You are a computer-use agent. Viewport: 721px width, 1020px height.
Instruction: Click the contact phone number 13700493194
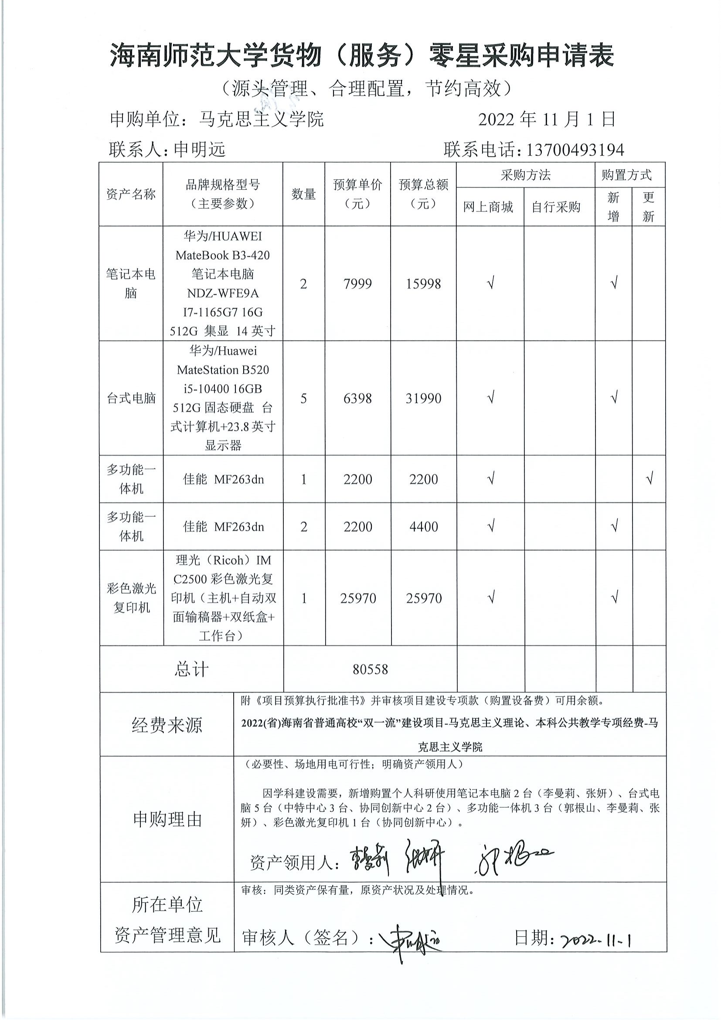tap(575, 150)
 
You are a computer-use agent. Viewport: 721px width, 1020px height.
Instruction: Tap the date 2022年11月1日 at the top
tap(547, 119)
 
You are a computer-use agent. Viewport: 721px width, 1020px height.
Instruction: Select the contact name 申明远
tap(199, 150)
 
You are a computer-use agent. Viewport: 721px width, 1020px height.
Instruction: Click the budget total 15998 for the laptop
tap(424, 284)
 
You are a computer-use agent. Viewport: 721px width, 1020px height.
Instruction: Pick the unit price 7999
tap(357, 284)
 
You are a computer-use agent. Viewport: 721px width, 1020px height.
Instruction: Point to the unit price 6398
tap(357, 399)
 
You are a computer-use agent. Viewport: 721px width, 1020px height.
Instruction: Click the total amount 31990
tap(424, 399)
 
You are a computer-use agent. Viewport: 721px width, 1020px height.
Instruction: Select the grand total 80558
tap(370, 669)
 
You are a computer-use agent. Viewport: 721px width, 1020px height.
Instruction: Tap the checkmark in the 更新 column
tap(649, 479)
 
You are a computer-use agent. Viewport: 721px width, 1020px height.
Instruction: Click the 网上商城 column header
tap(488, 207)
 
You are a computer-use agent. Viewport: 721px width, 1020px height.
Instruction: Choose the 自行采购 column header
tap(556, 207)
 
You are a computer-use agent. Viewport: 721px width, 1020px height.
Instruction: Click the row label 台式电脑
tap(131, 399)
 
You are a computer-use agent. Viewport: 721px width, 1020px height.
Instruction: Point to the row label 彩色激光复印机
tap(131, 598)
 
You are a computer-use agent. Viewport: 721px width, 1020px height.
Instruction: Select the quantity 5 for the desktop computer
tap(304, 399)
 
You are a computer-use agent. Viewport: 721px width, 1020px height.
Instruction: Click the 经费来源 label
tap(167, 725)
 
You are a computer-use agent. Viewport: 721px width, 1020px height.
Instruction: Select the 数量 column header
tap(304, 194)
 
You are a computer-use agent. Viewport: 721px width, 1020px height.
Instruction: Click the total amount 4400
tap(424, 527)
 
